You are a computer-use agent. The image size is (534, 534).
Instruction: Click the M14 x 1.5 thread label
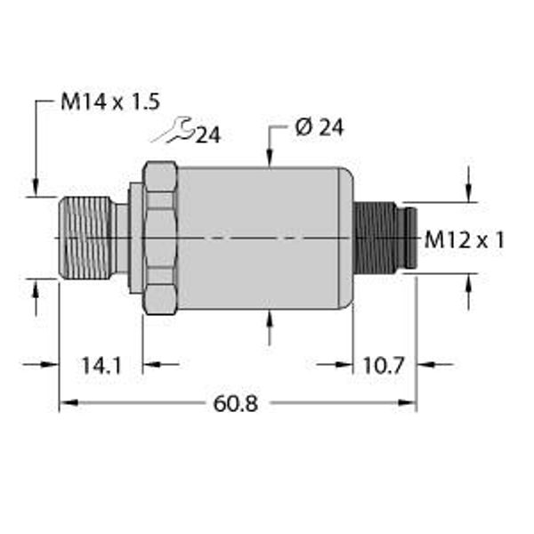pyautogui.click(x=109, y=101)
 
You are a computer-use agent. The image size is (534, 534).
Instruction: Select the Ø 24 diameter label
pyautogui.click(x=318, y=128)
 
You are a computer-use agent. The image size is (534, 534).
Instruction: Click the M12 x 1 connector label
pyautogui.click(x=464, y=239)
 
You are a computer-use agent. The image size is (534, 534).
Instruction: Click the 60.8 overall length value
pyautogui.click(x=236, y=404)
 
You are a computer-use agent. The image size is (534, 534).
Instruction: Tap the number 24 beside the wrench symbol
pyautogui.click(x=207, y=135)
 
